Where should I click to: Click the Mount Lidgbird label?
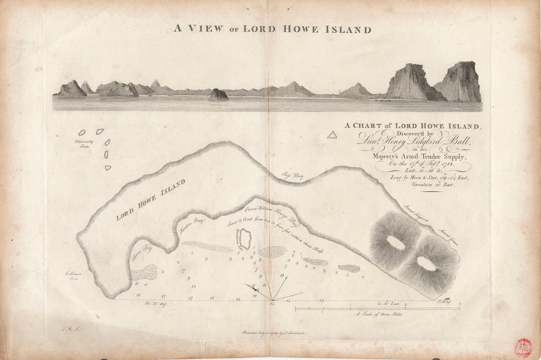pos(416,213)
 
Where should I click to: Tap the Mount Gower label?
pos(447,237)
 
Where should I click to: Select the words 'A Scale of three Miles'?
pos(377,314)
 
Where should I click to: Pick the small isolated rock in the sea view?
pos(218,95)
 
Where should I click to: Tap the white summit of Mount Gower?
pos(426,264)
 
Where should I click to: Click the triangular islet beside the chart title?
pos(331,135)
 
